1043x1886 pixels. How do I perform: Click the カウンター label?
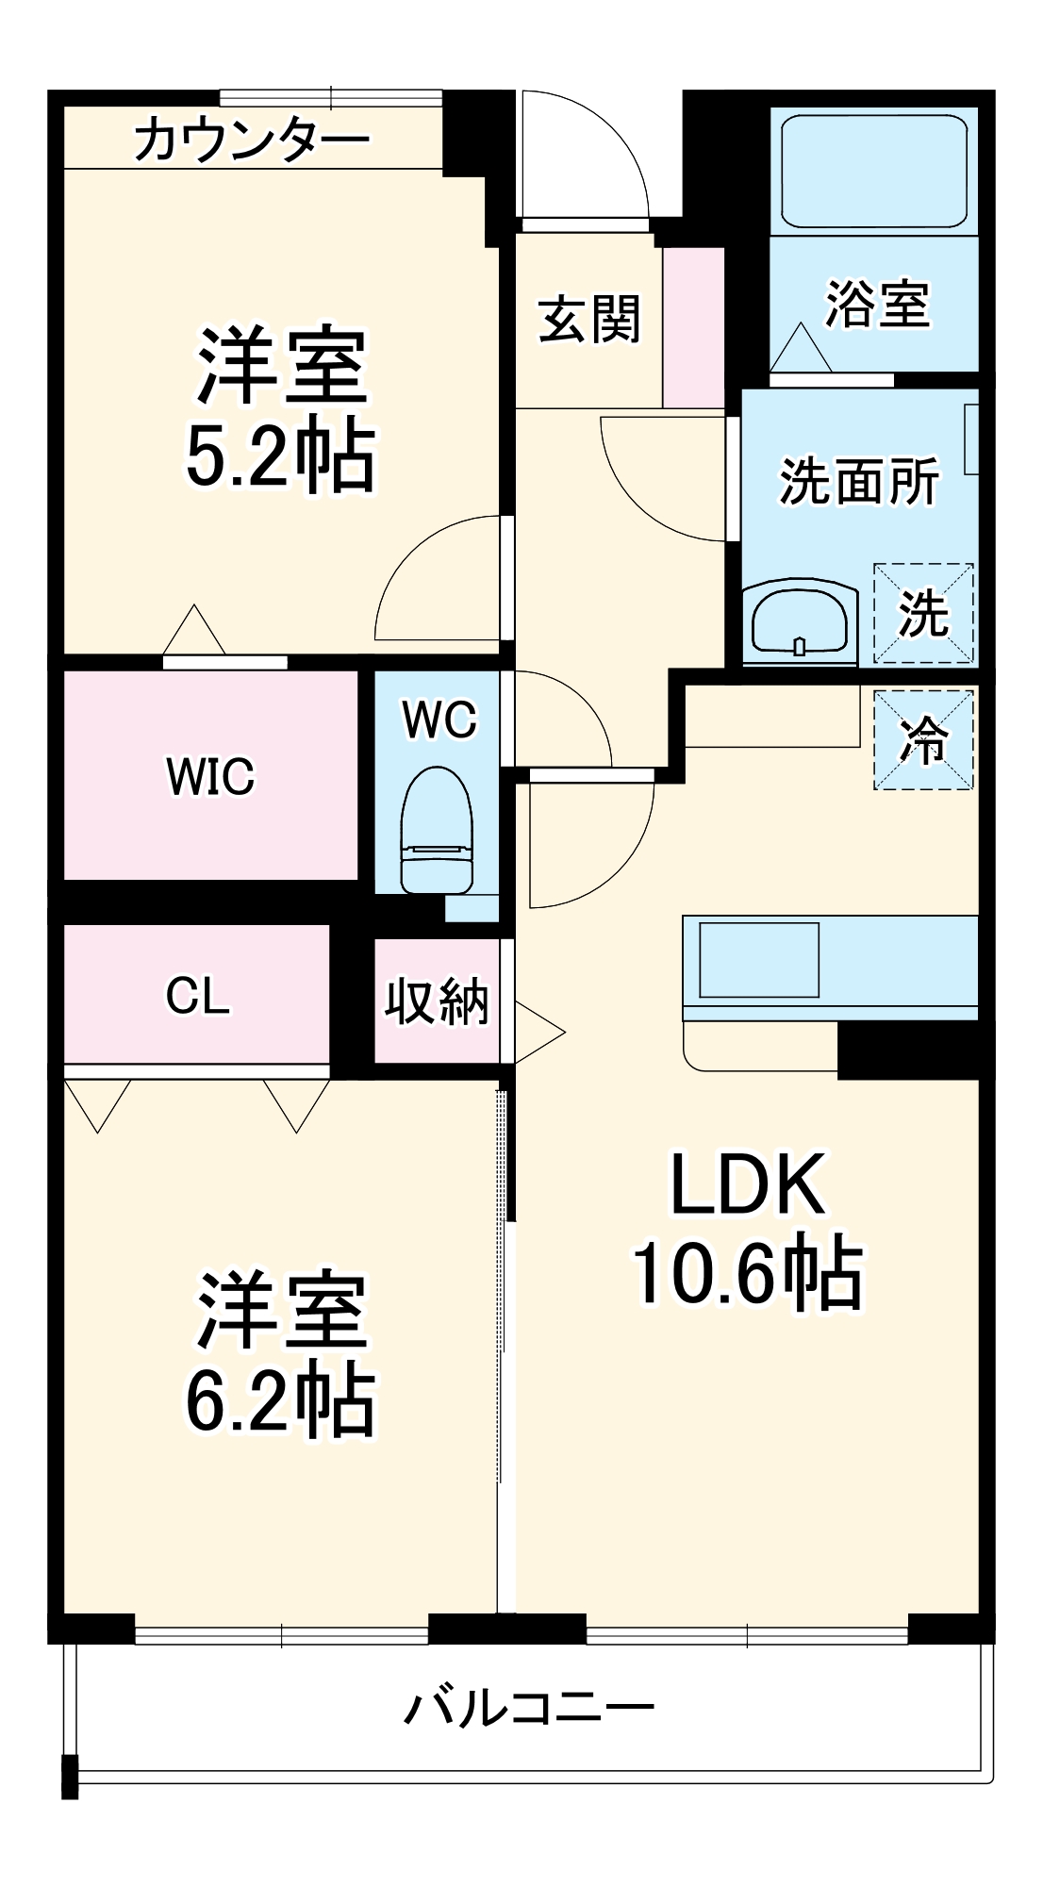pyautogui.click(x=252, y=141)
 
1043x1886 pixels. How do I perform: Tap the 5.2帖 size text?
pyautogui.click(x=280, y=456)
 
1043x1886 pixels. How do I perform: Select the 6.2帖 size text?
pyautogui.click(x=280, y=1402)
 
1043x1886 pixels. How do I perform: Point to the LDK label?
pyautogui.click(x=747, y=1185)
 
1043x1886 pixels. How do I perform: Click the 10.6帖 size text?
pyautogui.click(x=747, y=1273)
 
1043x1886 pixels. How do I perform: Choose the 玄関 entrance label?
pyautogui.click(x=589, y=319)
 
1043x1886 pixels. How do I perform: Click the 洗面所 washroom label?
pyautogui.click(x=859, y=481)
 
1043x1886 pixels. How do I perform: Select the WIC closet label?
pyautogui.click(x=210, y=776)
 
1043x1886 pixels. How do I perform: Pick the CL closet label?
pyautogui.click(x=197, y=996)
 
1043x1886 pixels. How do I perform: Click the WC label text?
pyautogui.click(x=439, y=720)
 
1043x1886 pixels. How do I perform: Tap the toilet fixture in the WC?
pyautogui.click(x=437, y=830)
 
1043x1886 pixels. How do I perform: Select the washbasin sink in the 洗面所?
pyautogui.click(x=800, y=620)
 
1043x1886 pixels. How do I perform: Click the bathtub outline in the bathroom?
pyautogui.click(x=874, y=172)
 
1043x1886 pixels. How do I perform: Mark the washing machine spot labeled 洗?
pyautogui.click(x=923, y=613)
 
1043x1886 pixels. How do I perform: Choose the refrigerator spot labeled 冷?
pyautogui.click(x=923, y=740)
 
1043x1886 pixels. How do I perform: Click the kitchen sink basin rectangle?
pyautogui.click(x=758, y=959)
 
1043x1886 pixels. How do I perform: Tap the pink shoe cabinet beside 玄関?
pyautogui.click(x=693, y=327)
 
